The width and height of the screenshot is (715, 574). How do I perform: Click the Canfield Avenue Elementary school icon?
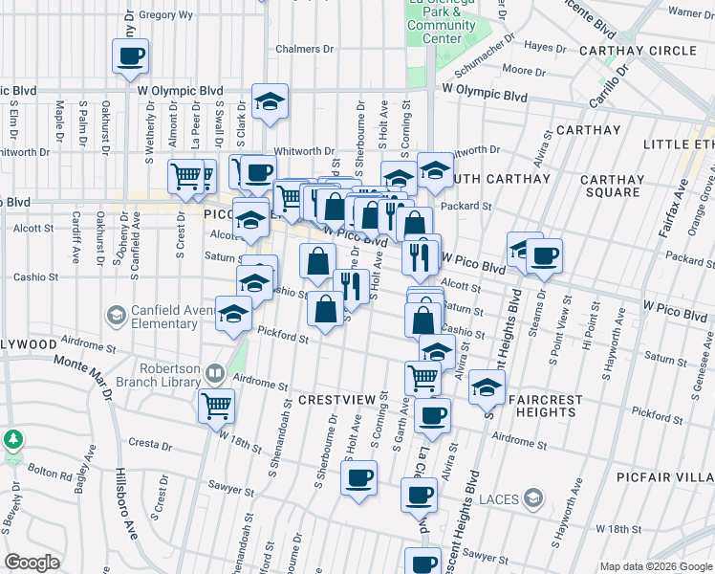point(115,315)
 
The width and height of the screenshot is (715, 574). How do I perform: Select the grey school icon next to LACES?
point(533,497)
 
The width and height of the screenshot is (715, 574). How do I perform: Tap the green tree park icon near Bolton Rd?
point(12,440)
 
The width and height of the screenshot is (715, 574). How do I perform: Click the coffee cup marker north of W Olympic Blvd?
point(131,56)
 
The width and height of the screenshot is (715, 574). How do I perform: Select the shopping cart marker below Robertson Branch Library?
point(216,405)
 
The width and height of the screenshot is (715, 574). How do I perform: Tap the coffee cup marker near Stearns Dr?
point(544,255)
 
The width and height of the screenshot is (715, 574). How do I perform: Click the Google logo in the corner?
point(32,563)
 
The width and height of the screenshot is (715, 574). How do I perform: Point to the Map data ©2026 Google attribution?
point(655,566)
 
